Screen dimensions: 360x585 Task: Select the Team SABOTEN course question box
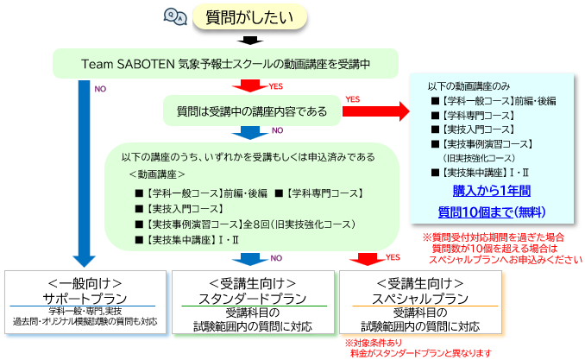tap(226, 63)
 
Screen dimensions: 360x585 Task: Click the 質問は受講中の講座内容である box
tap(252, 111)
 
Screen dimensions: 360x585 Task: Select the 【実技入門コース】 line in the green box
tap(184, 208)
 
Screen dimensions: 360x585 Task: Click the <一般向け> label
tap(85, 282)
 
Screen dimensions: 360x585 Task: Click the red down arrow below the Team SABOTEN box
tap(252, 85)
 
